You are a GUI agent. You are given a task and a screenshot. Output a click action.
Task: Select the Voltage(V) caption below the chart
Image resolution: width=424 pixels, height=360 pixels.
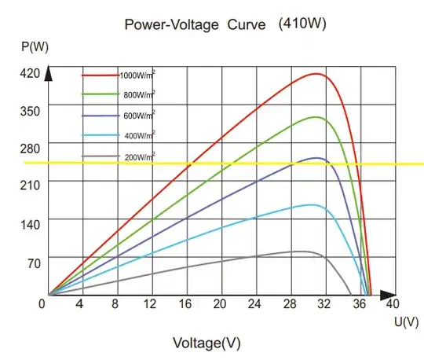[x=207, y=343]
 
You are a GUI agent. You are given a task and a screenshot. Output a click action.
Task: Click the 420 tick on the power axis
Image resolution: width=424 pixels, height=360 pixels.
[x=31, y=74]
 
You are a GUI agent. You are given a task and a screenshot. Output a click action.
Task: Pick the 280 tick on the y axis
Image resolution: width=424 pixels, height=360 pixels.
[x=31, y=146]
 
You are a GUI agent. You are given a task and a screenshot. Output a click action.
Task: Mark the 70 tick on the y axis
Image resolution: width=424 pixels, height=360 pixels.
[x=33, y=263]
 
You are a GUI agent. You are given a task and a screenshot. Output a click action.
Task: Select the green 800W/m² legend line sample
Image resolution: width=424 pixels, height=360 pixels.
[x=100, y=94]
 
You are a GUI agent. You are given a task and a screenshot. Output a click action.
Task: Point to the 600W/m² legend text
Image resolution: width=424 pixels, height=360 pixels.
[x=138, y=116]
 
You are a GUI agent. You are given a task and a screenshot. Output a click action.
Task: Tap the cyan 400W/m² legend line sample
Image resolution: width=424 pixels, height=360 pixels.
[x=100, y=136]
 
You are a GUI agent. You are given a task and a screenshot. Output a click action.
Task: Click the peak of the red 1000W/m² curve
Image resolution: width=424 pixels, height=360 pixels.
[x=316, y=74]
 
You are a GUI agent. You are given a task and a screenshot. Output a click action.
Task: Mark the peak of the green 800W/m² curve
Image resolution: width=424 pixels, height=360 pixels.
[x=316, y=117]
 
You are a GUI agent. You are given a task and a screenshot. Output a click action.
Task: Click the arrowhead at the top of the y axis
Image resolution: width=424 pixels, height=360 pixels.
[x=49, y=74]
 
